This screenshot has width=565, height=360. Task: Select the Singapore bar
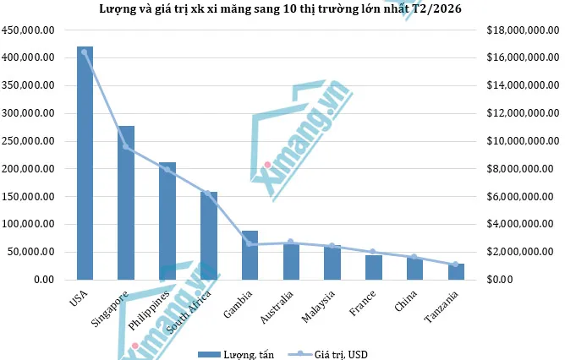pyautogui.click(x=126, y=203)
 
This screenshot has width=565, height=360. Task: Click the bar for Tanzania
pyautogui.click(x=456, y=271)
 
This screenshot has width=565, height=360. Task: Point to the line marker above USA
pyautogui.click(x=85, y=52)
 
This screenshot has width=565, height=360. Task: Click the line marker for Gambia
pyautogui.click(x=250, y=244)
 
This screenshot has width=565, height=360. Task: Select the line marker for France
pyautogui.click(x=373, y=252)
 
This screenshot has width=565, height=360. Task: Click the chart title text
pyautogui.click(x=282, y=9)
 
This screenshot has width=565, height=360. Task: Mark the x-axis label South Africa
pyautogui.click(x=194, y=312)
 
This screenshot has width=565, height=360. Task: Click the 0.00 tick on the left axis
pyautogui.click(x=41, y=280)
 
